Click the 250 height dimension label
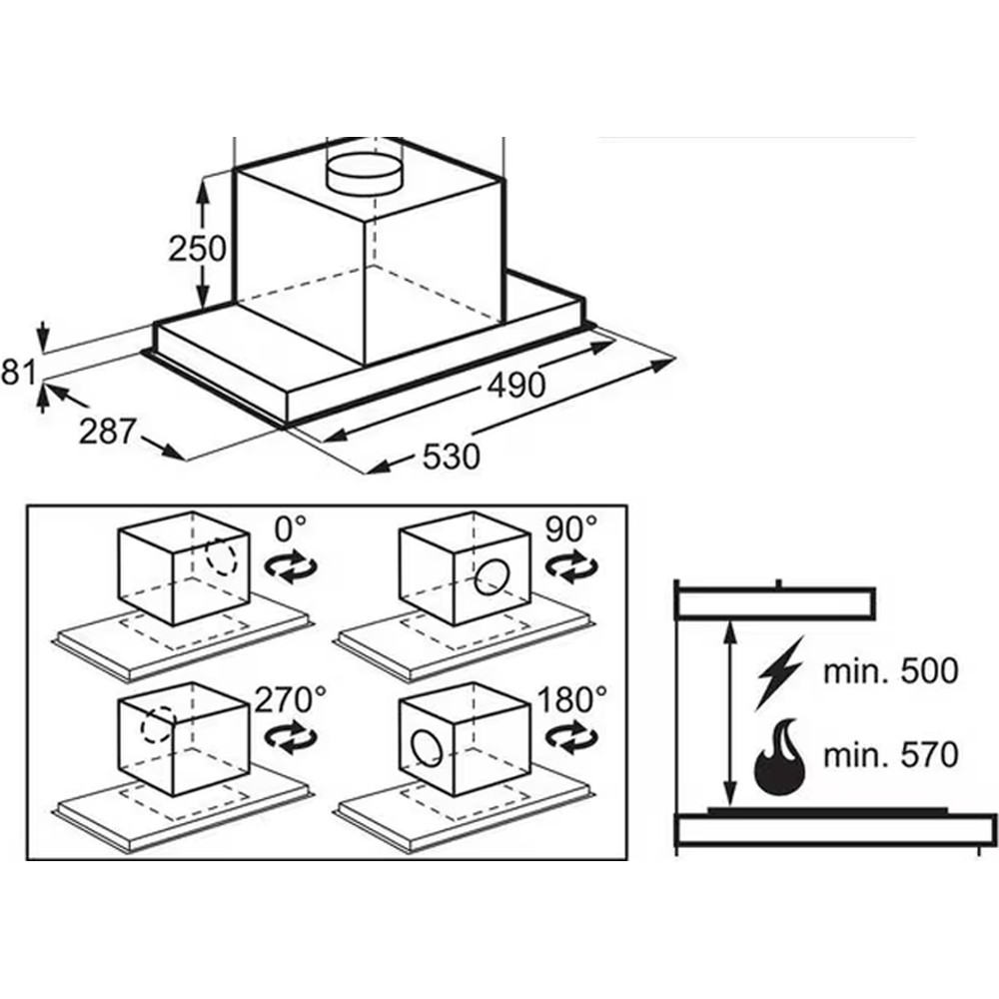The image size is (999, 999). click(198, 249)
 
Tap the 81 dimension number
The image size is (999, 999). click(18, 372)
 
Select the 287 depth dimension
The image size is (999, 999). click(107, 432)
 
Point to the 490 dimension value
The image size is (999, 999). click(516, 385)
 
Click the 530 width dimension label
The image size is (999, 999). click(452, 457)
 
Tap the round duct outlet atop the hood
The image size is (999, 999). click(365, 172)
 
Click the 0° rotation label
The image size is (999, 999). click(290, 528)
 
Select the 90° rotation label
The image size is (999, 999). click(571, 528)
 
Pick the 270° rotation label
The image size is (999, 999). click(290, 699)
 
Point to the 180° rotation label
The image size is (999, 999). click(572, 699)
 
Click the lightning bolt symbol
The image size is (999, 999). click(778, 672)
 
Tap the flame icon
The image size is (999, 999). click(779, 757)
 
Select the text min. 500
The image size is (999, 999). click(891, 671)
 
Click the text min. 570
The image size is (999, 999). click(891, 755)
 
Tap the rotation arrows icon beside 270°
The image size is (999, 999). click(291, 738)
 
